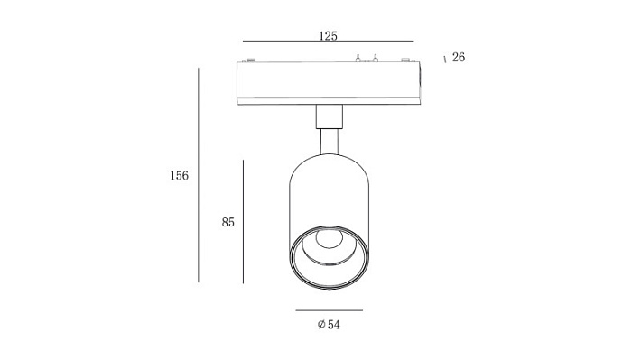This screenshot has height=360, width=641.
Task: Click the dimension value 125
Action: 328,36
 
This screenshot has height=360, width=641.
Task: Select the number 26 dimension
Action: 459,57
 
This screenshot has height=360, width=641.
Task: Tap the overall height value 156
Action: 179,175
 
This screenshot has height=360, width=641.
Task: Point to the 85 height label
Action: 228,222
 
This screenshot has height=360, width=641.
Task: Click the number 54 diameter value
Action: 333,325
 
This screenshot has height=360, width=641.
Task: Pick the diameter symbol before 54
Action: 321,325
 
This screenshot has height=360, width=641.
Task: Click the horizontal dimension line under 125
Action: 329,42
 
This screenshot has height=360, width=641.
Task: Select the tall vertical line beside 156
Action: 199,175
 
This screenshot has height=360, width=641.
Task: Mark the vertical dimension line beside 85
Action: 243,221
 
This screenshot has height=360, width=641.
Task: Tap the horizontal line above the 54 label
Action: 330,310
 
